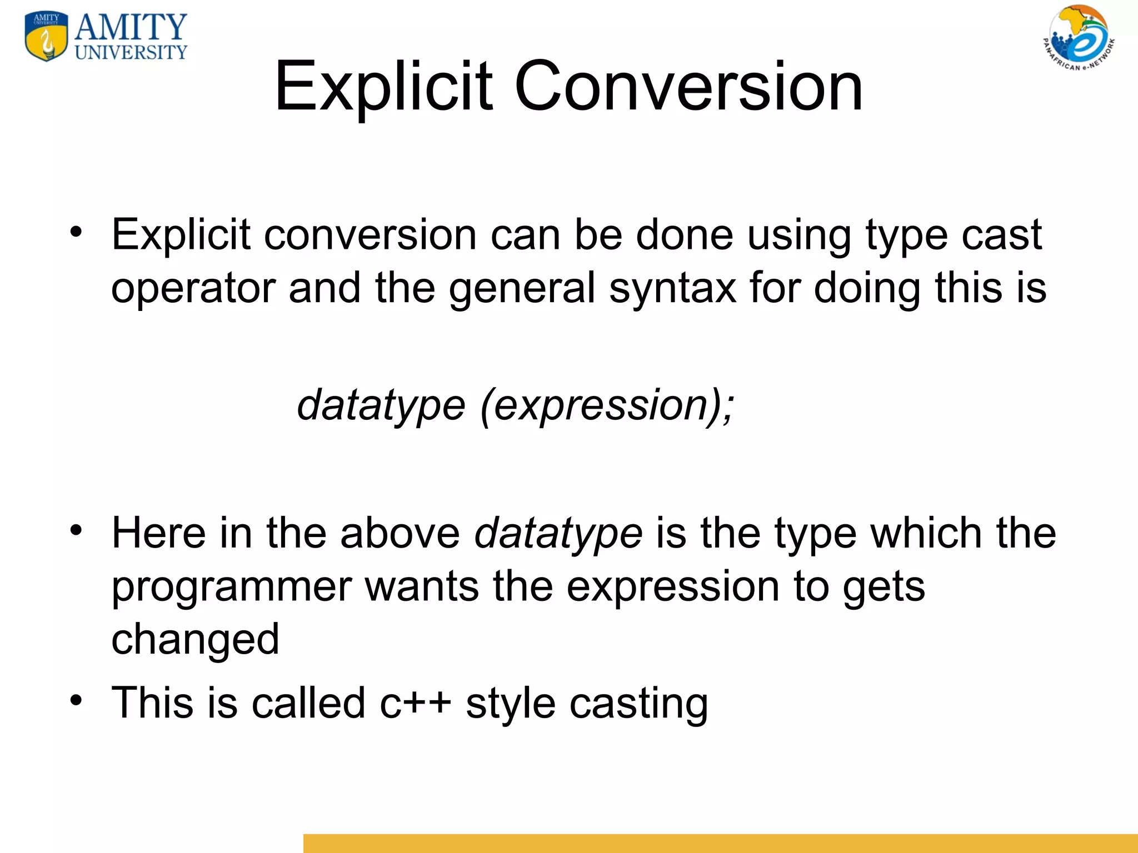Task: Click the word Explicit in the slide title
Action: tap(383, 87)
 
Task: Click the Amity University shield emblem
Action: tap(47, 37)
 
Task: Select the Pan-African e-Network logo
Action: tap(1079, 38)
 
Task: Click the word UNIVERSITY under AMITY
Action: tap(131, 53)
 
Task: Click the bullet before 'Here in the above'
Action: tap(76, 530)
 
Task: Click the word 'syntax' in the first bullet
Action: tap(672, 289)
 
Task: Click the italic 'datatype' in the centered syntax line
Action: tap(381, 406)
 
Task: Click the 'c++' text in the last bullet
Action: tap(415, 703)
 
